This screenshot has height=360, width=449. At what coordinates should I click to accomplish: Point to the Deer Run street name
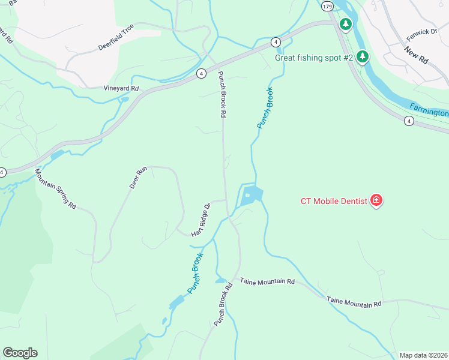(x=138, y=178)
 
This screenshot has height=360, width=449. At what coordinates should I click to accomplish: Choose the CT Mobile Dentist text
(x=334, y=201)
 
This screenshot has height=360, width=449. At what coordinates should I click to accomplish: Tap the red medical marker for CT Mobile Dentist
(x=376, y=200)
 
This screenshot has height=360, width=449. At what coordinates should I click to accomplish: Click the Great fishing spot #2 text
(x=313, y=58)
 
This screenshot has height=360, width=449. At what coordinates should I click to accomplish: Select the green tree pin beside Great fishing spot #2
(x=362, y=56)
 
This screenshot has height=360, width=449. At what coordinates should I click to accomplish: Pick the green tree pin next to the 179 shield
(x=345, y=24)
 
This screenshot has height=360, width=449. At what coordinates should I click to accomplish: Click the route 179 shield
(x=327, y=6)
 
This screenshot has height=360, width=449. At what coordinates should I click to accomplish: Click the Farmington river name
(x=429, y=109)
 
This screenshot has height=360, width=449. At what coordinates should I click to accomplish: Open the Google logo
(x=20, y=352)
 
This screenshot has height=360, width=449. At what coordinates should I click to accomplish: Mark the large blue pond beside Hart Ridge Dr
(x=251, y=195)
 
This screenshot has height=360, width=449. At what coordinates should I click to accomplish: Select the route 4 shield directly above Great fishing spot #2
(x=275, y=42)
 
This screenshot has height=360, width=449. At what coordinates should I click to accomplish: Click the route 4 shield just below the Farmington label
(x=409, y=121)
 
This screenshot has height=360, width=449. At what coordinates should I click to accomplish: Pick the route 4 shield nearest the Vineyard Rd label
(x=201, y=73)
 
